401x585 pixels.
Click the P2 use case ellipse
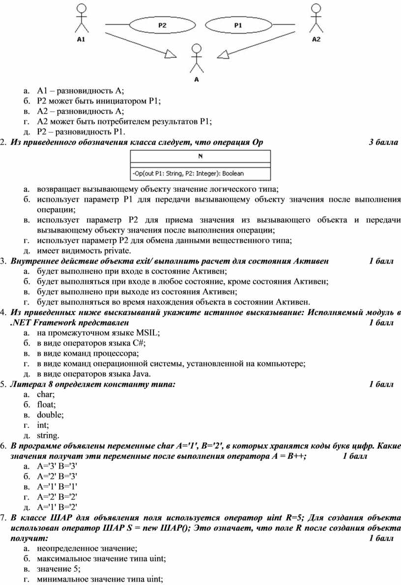point(162,25)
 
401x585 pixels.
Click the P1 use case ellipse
point(237,25)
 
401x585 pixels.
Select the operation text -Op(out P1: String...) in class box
point(188,173)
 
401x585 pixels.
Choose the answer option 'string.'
point(48,435)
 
